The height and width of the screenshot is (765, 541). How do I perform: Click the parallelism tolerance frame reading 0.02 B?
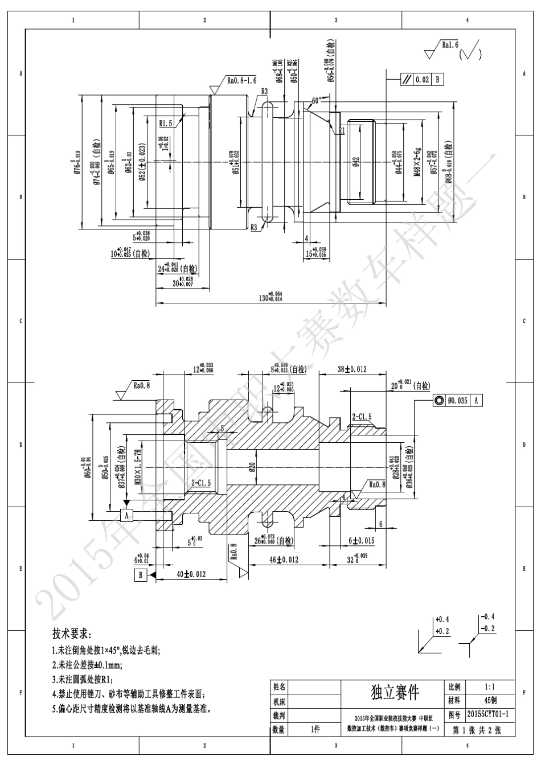click(422, 80)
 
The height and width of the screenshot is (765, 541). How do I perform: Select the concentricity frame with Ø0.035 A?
click(458, 401)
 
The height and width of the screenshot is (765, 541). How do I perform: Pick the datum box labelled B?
click(141, 575)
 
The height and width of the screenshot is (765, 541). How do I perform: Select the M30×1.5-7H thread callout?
click(137, 466)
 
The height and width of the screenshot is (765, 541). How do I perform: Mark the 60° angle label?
click(317, 100)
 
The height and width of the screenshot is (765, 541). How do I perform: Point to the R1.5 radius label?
click(166, 122)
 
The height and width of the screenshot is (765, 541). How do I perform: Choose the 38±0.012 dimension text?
click(351, 369)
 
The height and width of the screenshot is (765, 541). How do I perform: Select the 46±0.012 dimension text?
click(282, 560)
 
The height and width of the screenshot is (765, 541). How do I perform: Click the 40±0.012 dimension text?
click(190, 574)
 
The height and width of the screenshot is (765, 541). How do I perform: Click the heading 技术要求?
click(71, 634)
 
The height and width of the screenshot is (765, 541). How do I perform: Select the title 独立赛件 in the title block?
click(395, 692)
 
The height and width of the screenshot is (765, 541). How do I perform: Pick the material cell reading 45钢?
click(490, 700)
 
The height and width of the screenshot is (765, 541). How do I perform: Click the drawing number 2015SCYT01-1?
click(487, 714)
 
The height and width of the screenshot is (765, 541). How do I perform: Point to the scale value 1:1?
click(490, 687)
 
